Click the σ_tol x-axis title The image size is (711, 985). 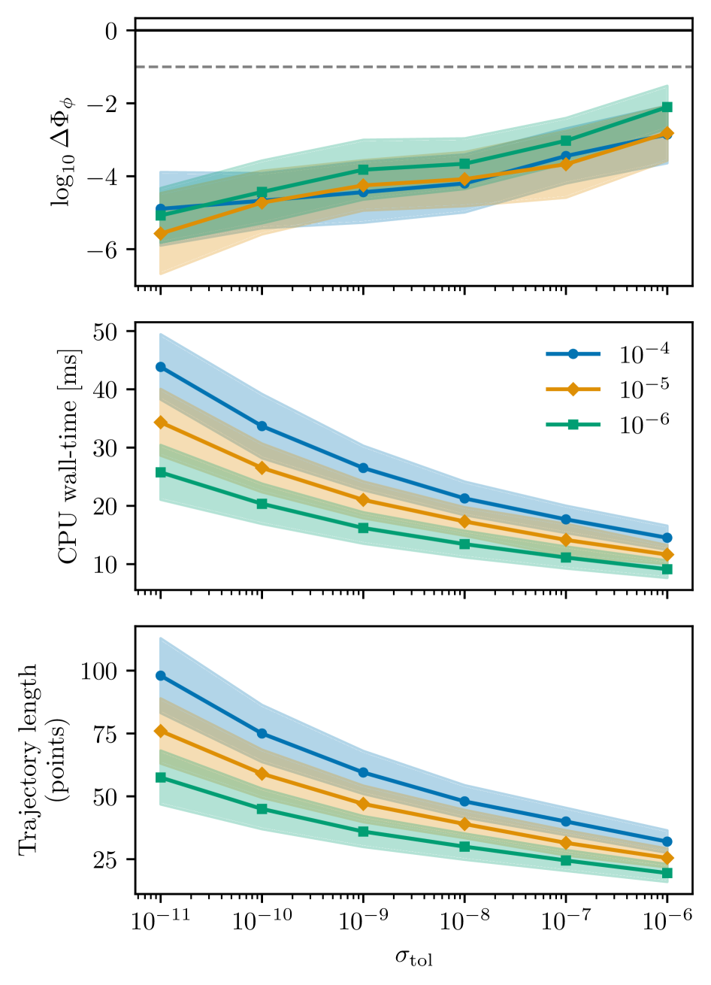coord(414,957)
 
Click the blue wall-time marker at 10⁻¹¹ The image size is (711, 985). coord(160,367)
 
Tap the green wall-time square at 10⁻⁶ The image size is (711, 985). coord(667,569)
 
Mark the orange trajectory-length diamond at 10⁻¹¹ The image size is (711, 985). coord(160,731)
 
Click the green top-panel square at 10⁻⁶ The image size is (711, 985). coord(667,107)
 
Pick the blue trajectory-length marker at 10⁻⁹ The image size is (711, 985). coord(363,772)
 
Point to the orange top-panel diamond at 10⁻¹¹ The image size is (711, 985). coord(160,234)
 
